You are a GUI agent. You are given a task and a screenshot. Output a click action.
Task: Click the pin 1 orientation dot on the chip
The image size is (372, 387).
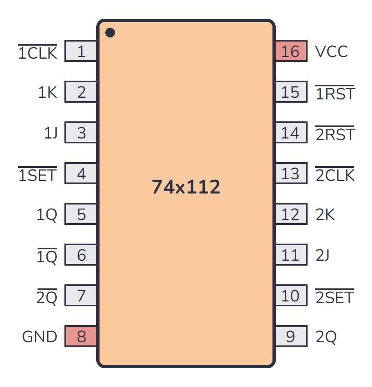click(x=110, y=33)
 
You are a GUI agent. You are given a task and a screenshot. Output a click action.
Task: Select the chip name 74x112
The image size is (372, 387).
click(x=186, y=187)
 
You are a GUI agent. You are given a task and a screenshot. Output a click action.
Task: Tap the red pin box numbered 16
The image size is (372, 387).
click(x=291, y=51)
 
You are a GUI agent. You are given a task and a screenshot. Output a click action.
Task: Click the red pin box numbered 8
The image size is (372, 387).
click(x=81, y=336)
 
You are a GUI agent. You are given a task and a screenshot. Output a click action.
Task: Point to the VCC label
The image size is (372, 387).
click(x=332, y=51)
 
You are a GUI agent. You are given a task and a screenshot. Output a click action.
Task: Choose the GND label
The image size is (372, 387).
click(x=40, y=336)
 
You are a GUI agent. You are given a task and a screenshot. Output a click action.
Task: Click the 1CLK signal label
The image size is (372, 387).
click(x=38, y=52)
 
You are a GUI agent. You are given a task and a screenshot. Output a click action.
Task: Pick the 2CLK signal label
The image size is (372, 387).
click(x=335, y=174)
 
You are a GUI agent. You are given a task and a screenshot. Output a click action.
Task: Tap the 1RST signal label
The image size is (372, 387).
click(x=335, y=93)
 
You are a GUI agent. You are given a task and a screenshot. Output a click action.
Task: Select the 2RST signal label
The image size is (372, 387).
click(x=335, y=134)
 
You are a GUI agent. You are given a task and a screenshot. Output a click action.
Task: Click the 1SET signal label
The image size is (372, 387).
click(x=38, y=174)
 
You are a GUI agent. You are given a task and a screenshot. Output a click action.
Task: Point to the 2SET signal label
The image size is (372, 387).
click(x=334, y=297)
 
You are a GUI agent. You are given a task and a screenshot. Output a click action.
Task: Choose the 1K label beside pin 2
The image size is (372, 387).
click(x=48, y=92)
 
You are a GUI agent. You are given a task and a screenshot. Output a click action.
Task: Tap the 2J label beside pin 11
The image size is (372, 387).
click(x=323, y=255)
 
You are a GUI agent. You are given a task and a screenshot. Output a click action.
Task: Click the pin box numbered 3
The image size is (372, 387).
click(x=81, y=132)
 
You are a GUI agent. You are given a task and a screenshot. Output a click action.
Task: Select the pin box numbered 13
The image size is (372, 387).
click(x=291, y=173)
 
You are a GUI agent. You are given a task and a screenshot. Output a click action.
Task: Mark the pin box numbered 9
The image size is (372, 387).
click(x=291, y=336)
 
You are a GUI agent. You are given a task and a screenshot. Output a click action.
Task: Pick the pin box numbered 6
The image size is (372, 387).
click(x=81, y=255)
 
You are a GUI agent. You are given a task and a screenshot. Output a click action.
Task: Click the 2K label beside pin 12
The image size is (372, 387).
click(x=325, y=214)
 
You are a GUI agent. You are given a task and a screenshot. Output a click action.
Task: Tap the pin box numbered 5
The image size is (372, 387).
click(x=81, y=214)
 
